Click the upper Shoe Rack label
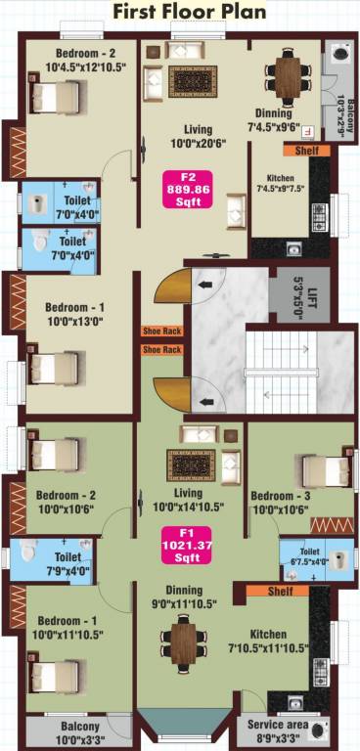161,331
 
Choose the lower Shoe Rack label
161,349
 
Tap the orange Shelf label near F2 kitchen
299,151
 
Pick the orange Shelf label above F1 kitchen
264,591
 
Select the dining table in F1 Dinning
184,641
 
